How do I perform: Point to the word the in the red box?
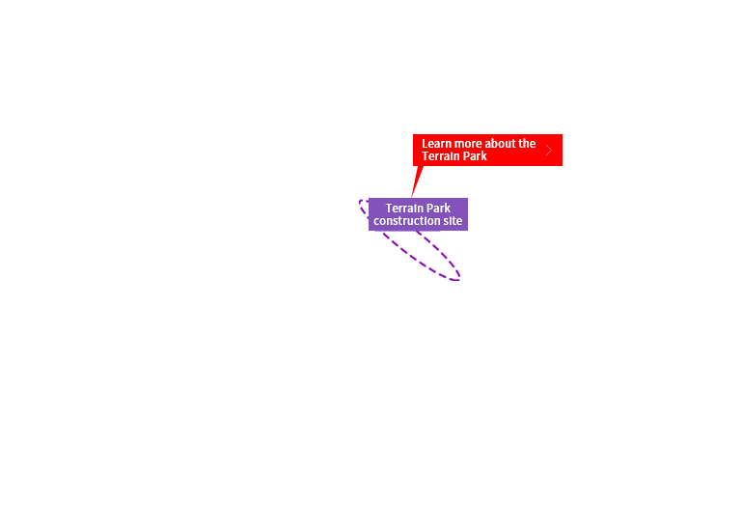pos(527,144)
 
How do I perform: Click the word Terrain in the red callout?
pos(438,156)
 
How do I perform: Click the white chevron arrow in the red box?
pos(549,151)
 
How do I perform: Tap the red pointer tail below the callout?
pos(417,181)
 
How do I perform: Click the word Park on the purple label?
pos(438,209)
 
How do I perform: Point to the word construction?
pos(406,221)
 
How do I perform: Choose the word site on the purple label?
pos(453,221)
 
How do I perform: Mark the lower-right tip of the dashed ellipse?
pos(459,279)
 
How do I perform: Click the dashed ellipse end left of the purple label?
pos(361,203)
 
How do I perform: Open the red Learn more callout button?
pos(487,151)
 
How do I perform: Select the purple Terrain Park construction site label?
pos(419,214)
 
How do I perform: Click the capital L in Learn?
pos(425,144)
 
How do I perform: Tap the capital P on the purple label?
pos(427,209)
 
